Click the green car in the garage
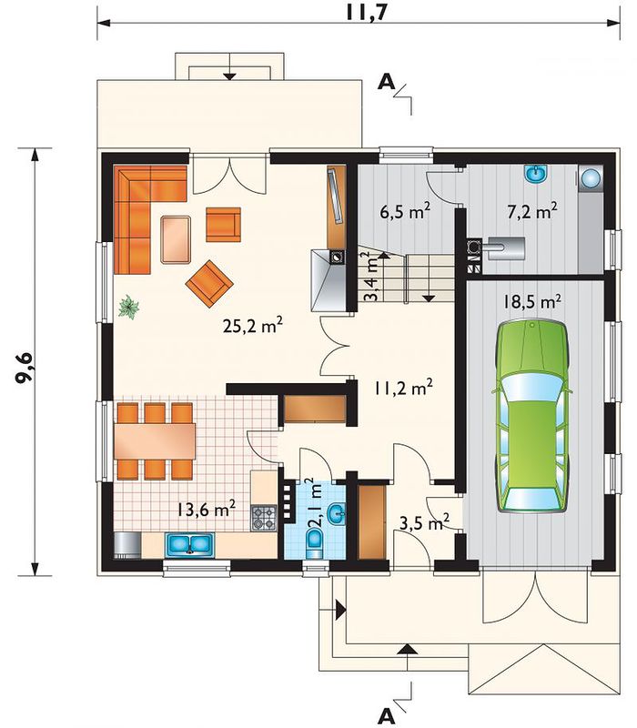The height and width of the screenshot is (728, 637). (532, 415)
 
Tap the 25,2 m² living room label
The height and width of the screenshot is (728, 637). (253, 326)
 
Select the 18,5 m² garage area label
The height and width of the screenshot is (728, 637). (532, 301)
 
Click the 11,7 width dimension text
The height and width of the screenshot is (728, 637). (367, 13)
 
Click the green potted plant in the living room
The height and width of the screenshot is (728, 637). (128, 307)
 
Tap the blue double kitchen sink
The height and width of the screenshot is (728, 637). (189, 544)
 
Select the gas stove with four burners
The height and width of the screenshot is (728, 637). (264, 518)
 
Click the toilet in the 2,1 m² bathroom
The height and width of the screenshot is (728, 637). (315, 542)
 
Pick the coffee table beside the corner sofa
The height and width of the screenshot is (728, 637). (176, 239)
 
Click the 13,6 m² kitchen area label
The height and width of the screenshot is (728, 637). (207, 509)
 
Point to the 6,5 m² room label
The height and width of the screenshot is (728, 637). (405, 212)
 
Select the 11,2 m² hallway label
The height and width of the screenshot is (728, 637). (404, 388)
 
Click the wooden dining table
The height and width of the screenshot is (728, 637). (155, 441)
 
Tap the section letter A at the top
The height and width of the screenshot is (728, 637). (386, 83)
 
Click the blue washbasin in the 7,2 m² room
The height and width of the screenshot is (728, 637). (536, 175)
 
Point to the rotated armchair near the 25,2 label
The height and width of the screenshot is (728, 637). (209, 283)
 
